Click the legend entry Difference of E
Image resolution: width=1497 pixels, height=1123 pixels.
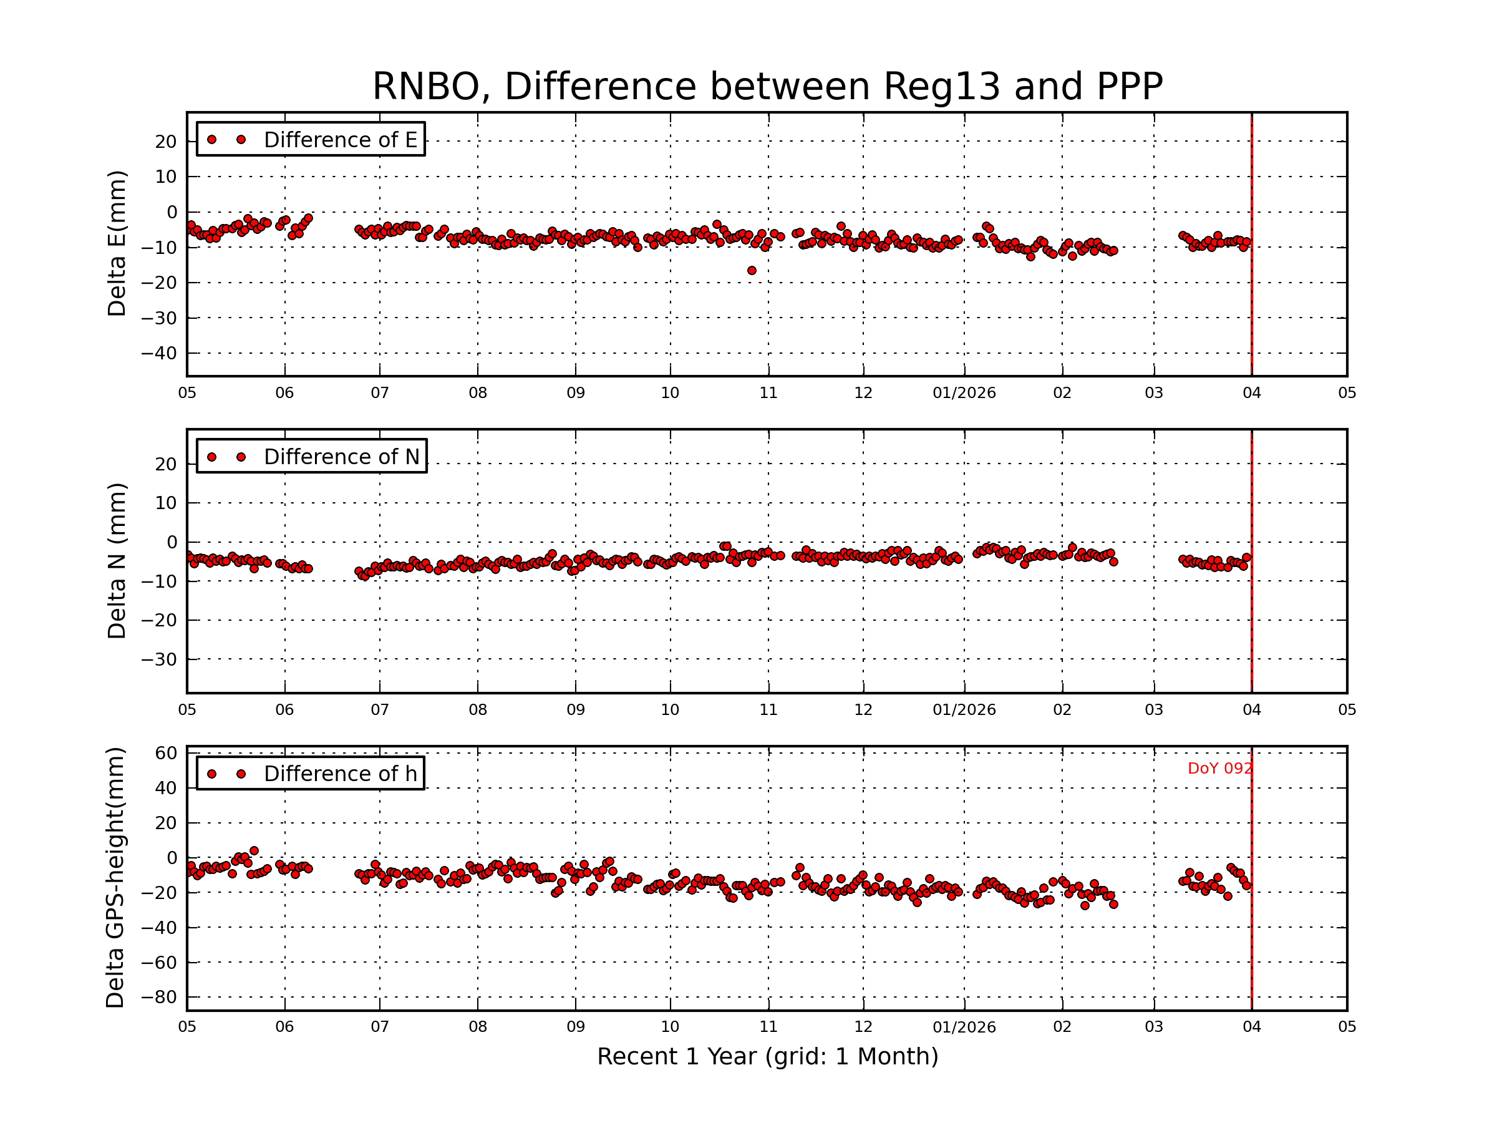click(340, 140)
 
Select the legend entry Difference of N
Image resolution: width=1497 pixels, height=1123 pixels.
click(341, 457)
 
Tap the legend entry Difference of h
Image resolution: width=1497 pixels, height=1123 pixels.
click(340, 774)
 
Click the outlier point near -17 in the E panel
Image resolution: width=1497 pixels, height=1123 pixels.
click(752, 271)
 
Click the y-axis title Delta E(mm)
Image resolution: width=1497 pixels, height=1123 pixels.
click(117, 244)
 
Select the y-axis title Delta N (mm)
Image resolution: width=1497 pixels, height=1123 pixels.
click(117, 560)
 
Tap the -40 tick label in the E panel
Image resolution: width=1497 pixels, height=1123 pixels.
click(158, 353)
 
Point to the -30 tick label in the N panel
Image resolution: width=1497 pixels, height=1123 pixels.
click(158, 659)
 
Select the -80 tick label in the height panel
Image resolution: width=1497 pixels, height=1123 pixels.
click(158, 997)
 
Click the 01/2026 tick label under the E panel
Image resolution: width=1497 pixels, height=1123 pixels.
click(964, 393)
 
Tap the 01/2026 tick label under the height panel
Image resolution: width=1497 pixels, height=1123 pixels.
click(964, 1027)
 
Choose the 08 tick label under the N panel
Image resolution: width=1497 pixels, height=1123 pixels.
click(478, 710)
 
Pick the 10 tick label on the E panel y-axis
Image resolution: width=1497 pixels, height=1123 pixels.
click(166, 177)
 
